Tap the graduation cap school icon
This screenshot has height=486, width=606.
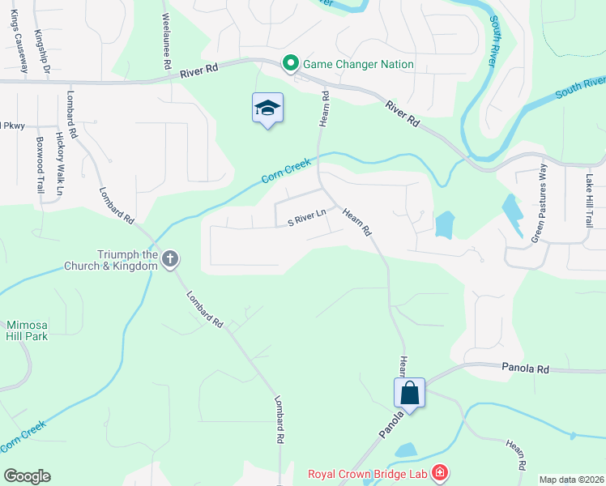(267, 109)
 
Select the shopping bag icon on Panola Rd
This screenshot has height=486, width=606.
(410, 394)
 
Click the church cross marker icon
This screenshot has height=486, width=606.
(169, 259)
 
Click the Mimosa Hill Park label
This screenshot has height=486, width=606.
(24, 329)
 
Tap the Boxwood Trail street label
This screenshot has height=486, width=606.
(40, 164)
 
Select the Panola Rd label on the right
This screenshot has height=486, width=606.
(525, 369)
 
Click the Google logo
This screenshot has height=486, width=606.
(27, 476)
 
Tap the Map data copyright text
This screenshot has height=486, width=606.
(571, 480)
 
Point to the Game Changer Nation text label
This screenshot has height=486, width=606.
(359, 64)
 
